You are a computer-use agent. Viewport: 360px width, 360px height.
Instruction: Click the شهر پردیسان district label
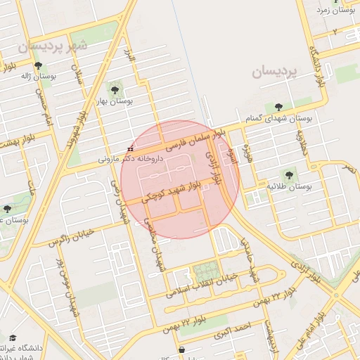(x=53, y=46)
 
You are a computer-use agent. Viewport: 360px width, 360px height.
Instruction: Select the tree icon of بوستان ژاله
(x=48, y=65)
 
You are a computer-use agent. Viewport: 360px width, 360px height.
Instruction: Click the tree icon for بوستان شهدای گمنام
(x=279, y=106)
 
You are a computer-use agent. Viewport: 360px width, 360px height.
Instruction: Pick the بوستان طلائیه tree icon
(x=288, y=174)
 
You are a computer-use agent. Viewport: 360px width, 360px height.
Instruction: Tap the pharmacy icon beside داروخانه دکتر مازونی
(x=131, y=149)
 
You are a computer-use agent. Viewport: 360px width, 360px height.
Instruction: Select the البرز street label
(x=129, y=55)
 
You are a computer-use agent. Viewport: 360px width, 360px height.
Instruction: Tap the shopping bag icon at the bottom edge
(x=182, y=349)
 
